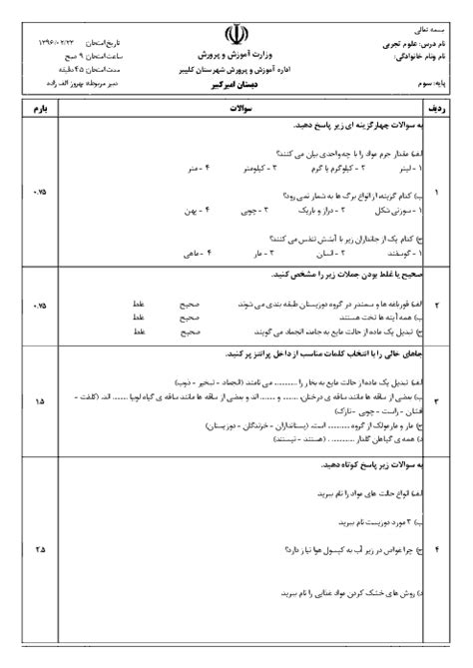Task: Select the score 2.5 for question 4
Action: [39, 548]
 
